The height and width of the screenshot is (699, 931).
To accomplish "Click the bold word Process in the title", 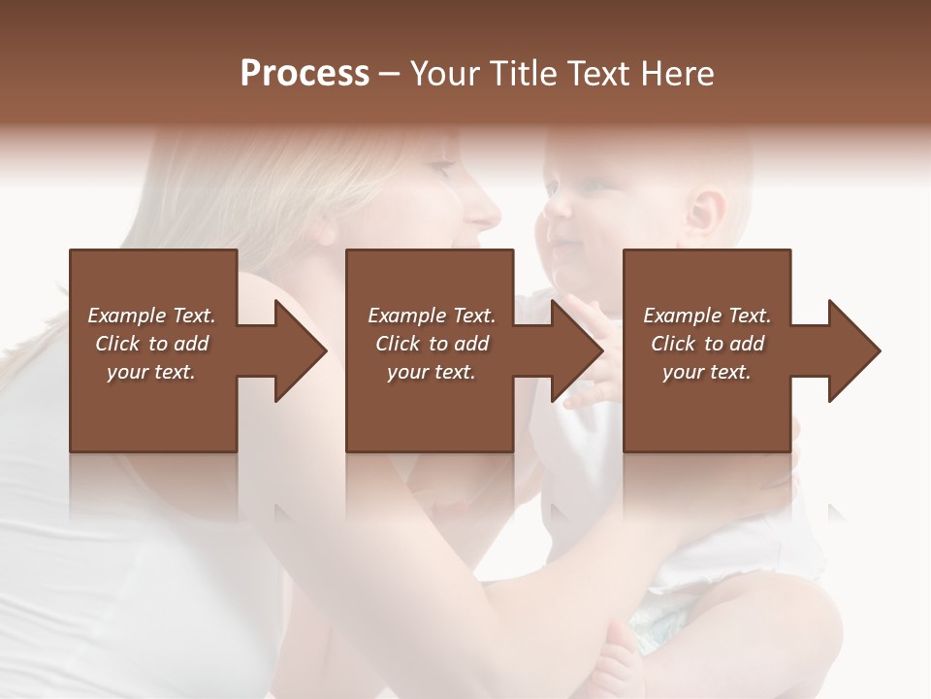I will pyautogui.click(x=305, y=74).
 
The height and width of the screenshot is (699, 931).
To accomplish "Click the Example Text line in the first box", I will pyautogui.click(x=151, y=316).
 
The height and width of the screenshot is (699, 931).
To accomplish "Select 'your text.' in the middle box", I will pyautogui.click(x=431, y=372).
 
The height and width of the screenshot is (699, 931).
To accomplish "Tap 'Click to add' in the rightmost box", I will pyautogui.click(x=707, y=344).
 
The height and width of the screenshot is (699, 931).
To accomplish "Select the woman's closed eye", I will pyautogui.click(x=439, y=170).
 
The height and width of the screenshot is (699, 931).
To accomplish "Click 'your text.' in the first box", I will pyautogui.click(x=151, y=372).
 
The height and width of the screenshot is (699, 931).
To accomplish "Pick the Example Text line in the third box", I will pyautogui.click(x=707, y=316).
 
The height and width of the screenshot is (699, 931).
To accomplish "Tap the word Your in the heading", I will pyautogui.click(x=443, y=74).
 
